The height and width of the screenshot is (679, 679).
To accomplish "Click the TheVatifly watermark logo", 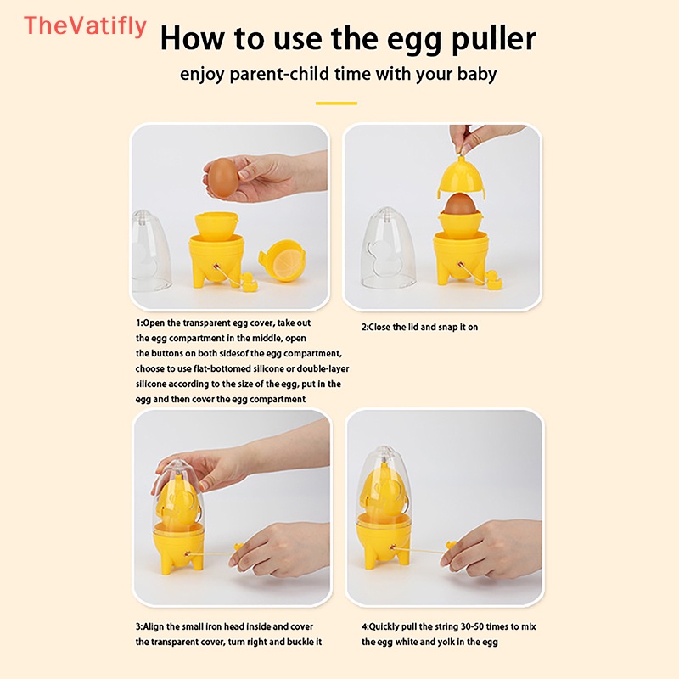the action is (86, 26).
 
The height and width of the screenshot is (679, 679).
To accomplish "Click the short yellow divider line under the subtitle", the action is (336, 104).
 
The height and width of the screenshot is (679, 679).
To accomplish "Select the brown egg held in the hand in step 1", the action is (223, 178).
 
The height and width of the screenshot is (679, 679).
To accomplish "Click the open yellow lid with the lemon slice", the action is (283, 261).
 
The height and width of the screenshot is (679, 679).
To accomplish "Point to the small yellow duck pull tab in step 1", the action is (248, 282).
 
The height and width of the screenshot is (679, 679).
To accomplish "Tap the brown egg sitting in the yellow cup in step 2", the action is (461, 204).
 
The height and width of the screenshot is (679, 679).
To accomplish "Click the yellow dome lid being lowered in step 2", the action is (461, 177).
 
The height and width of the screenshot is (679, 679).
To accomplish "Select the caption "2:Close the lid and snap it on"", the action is (419, 328).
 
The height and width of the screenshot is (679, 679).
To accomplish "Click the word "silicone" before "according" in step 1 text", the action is (151, 384).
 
